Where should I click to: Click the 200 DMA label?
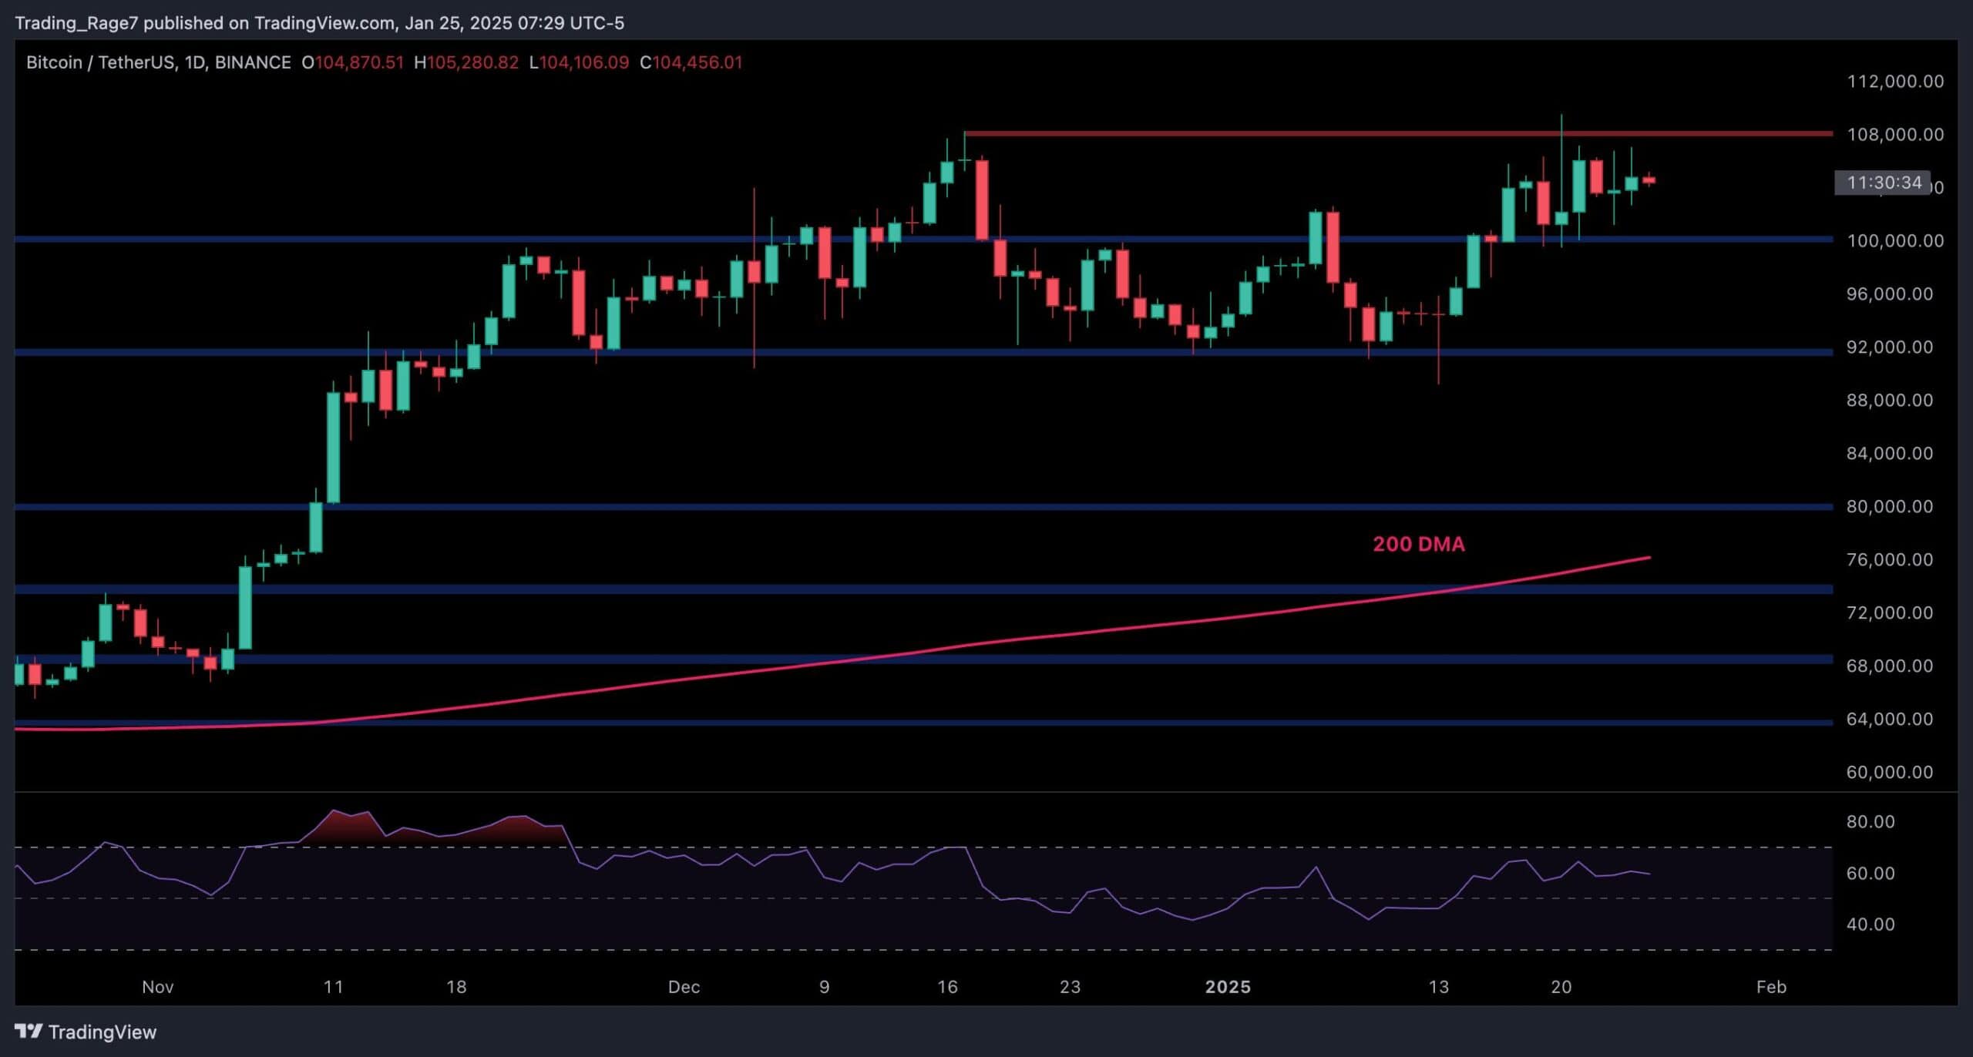pyautogui.click(x=1418, y=544)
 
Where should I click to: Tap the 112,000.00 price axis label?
pyautogui.click(x=1894, y=82)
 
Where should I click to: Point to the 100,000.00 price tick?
pyautogui.click(x=1894, y=241)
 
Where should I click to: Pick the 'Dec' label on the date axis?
pyautogui.click(x=684, y=987)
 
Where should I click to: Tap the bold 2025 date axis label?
pyautogui.click(x=1228, y=987)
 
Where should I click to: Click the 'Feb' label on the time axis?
pyautogui.click(x=1770, y=987)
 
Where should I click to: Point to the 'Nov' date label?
pyautogui.click(x=157, y=987)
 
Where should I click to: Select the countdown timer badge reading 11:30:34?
pyautogui.click(x=1884, y=183)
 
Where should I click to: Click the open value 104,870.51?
pyautogui.click(x=359, y=62)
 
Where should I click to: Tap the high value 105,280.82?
pyautogui.click(x=472, y=62)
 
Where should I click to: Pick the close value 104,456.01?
pyautogui.click(x=697, y=62)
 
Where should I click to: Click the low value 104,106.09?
pyautogui.click(x=583, y=62)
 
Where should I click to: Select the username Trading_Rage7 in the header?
pyautogui.click(x=76, y=23)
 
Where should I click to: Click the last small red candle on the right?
pyautogui.click(x=1649, y=180)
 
